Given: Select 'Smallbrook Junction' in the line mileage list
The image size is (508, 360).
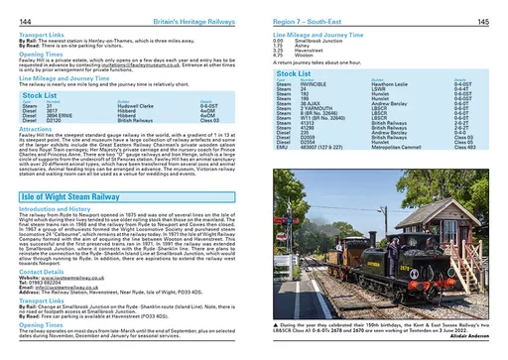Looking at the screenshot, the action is click(x=317, y=40).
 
